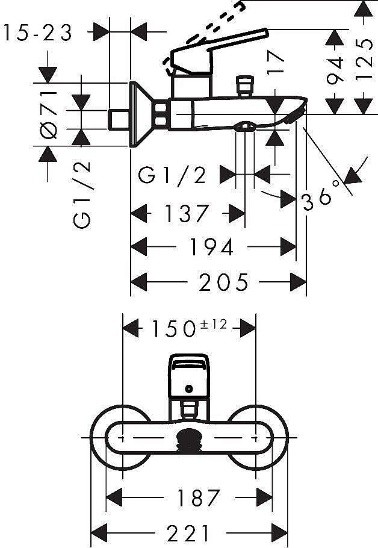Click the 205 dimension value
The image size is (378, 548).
(224, 281)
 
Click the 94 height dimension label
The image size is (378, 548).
(336, 70)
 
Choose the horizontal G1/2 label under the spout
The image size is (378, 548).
(172, 175)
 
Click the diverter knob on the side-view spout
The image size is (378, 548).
(244, 86)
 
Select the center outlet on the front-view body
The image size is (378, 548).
(190, 439)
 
